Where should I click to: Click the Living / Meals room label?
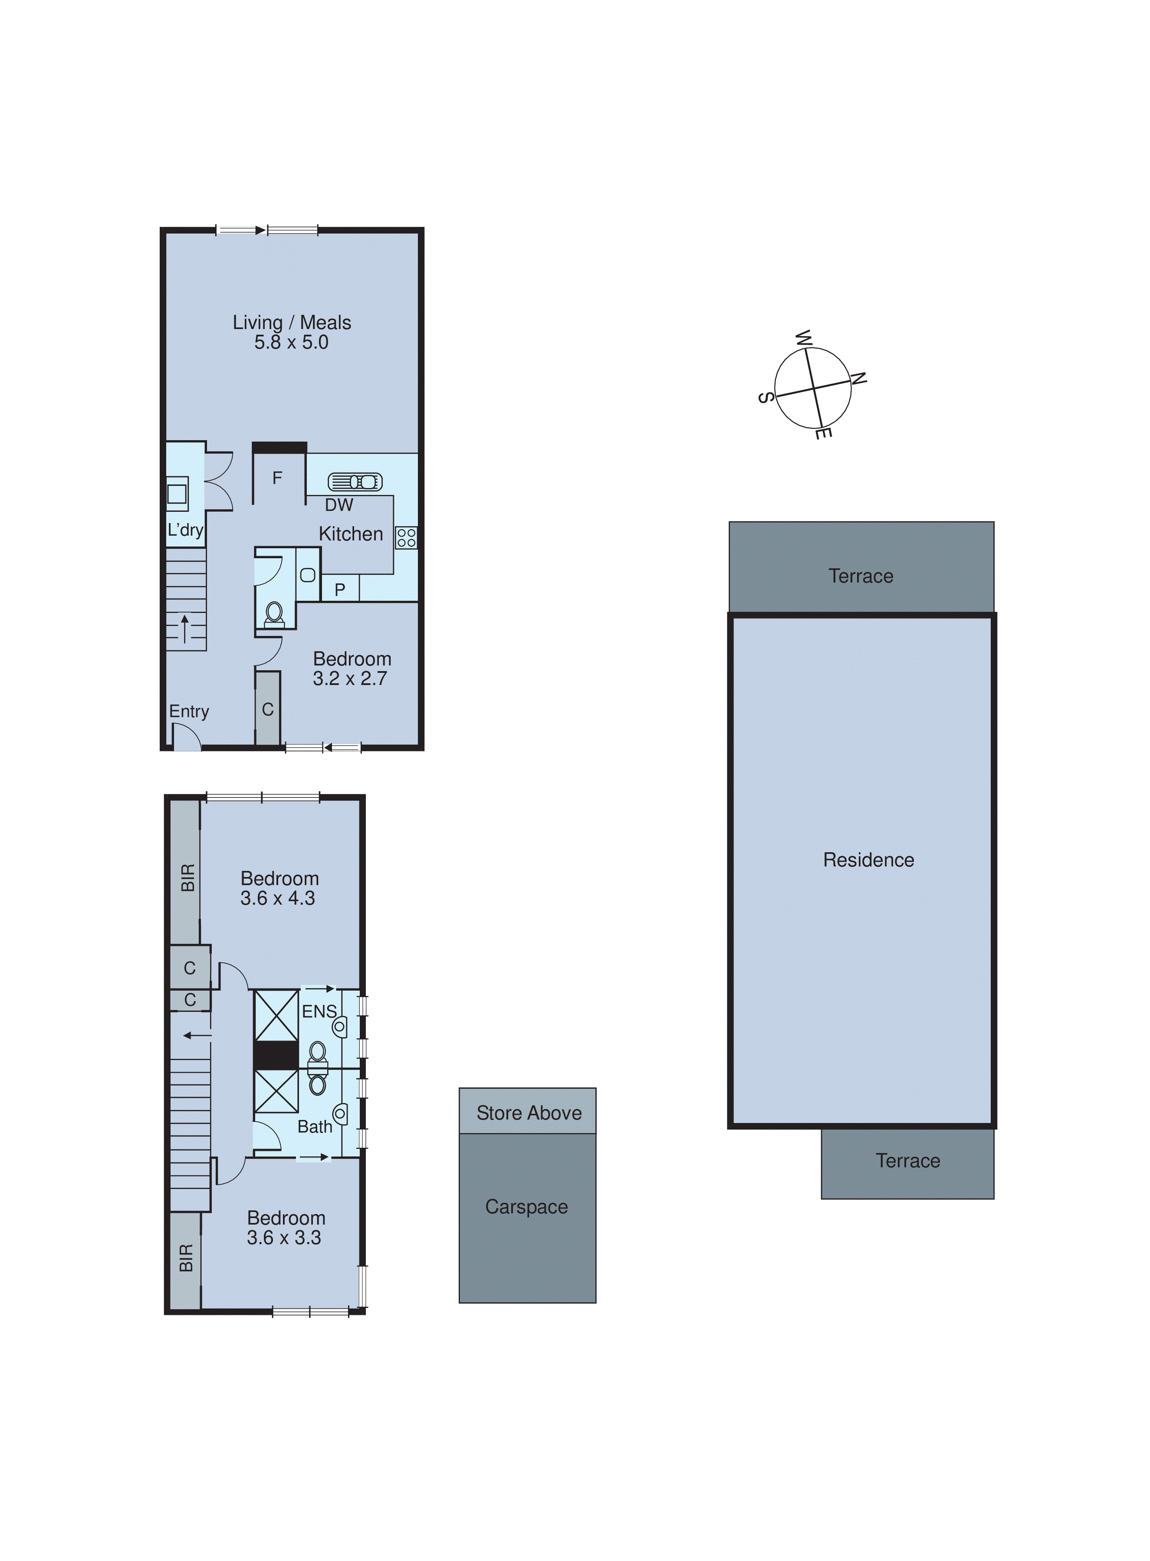(292, 323)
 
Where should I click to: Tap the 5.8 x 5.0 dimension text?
(291, 342)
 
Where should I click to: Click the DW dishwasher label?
(339, 505)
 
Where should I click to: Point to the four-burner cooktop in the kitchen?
(407, 537)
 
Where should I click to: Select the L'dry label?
(185, 530)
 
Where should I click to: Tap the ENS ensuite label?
(319, 1011)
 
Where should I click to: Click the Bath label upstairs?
(315, 1126)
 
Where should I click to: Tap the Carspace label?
(526, 1207)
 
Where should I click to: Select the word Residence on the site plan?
(868, 860)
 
